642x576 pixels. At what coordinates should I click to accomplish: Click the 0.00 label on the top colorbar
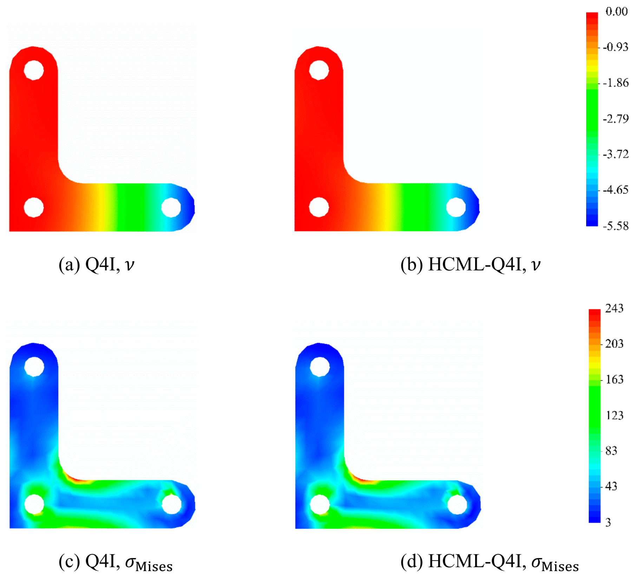(x=617, y=11)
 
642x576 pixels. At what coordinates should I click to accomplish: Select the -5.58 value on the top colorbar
(x=616, y=225)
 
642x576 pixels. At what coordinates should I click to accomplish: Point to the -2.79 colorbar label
(x=616, y=119)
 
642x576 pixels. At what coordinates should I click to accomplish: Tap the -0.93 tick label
(x=616, y=47)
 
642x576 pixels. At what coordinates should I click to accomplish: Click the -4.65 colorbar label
(x=616, y=190)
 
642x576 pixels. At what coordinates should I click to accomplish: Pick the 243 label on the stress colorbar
(x=614, y=308)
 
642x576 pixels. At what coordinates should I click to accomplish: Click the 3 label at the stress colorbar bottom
(x=608, y=522)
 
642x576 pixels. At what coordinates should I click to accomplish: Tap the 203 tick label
(x=614, y=343)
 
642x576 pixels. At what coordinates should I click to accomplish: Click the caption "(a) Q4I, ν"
(x=97, y=264)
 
